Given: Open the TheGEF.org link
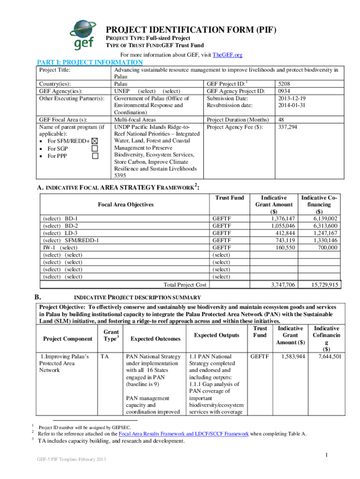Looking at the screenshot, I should (x=227, y=55).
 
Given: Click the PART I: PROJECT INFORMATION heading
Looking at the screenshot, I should (x=90, y=62).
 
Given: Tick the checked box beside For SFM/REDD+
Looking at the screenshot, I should (x=95, y=141).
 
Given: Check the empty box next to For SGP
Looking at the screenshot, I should (x=95, y=148).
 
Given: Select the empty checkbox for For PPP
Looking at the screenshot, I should (x=95, y=156).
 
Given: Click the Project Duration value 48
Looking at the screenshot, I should (x=281, y=120).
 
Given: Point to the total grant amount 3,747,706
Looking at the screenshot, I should (x=282, y=284).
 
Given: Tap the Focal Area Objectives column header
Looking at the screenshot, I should (x=125, y=205).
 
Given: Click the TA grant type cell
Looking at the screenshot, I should (x=104, y=356).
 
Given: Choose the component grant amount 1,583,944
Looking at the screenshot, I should (x=292, y=356).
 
